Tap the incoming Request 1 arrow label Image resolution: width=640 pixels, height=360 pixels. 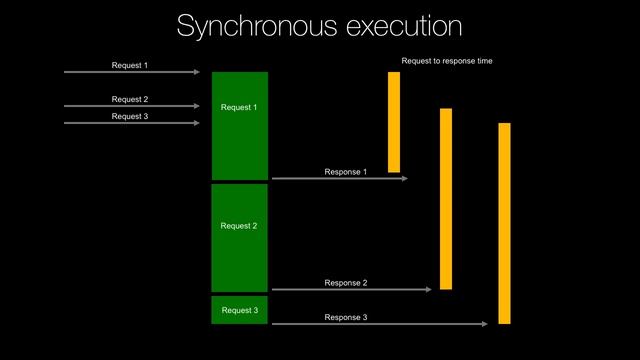130,66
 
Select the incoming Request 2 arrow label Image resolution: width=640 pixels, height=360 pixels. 130,99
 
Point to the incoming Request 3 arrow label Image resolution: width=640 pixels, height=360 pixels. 130,116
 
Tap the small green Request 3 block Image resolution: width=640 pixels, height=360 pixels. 240,310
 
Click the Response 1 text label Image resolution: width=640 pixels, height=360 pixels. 346,172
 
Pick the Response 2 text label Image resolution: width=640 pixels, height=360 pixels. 346,283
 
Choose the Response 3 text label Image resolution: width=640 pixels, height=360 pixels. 346,317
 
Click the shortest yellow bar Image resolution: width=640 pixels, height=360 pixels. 394,122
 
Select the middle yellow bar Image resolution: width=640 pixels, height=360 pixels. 446,198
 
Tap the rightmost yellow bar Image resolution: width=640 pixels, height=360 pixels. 504,223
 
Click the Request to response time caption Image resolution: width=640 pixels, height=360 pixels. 447,61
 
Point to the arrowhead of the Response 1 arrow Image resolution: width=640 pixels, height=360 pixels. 405,178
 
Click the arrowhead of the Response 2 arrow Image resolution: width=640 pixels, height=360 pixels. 428,289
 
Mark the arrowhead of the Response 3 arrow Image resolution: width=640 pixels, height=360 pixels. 485,323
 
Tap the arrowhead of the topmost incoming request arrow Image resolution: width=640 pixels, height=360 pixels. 197,72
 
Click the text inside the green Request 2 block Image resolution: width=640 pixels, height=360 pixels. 239,226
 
